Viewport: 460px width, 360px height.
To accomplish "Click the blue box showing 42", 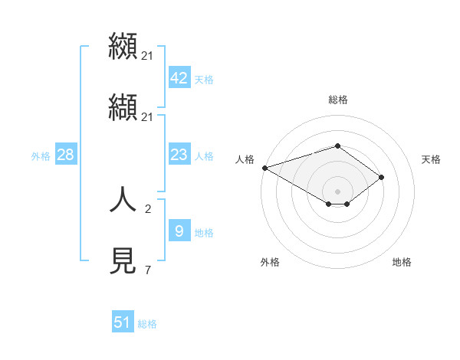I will click(x=179, y=77).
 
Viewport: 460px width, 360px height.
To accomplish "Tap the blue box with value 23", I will click(x=179, y=155).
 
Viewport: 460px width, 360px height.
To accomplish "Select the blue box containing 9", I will click(x=179, y=231).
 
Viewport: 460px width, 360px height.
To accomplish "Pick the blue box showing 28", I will click(x=65, y=155).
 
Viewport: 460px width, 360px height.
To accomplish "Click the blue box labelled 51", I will click(x=123, y=322).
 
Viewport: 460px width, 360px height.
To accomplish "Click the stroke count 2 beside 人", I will click(x=147, y=209).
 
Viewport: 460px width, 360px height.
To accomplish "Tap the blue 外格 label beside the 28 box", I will click(x=41, y=156).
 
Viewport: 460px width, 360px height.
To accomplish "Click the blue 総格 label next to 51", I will click(x=147, y=324).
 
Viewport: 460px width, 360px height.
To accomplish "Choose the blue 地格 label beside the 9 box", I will click(x=204, y=232).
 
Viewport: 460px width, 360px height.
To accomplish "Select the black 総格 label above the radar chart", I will click(x=337, y=100).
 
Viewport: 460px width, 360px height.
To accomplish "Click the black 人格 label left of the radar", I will click(x=245, y=159).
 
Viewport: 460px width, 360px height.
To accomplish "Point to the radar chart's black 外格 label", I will click(x=270, y=262).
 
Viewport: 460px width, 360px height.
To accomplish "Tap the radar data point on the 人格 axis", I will click(x=264, y=168).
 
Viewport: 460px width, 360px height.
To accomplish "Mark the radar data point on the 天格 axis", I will click(x=382, y=177).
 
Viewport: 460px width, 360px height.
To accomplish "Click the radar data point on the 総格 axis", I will click(x=337, y=146).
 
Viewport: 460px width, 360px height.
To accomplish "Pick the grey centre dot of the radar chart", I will click(x=337, y=191).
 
